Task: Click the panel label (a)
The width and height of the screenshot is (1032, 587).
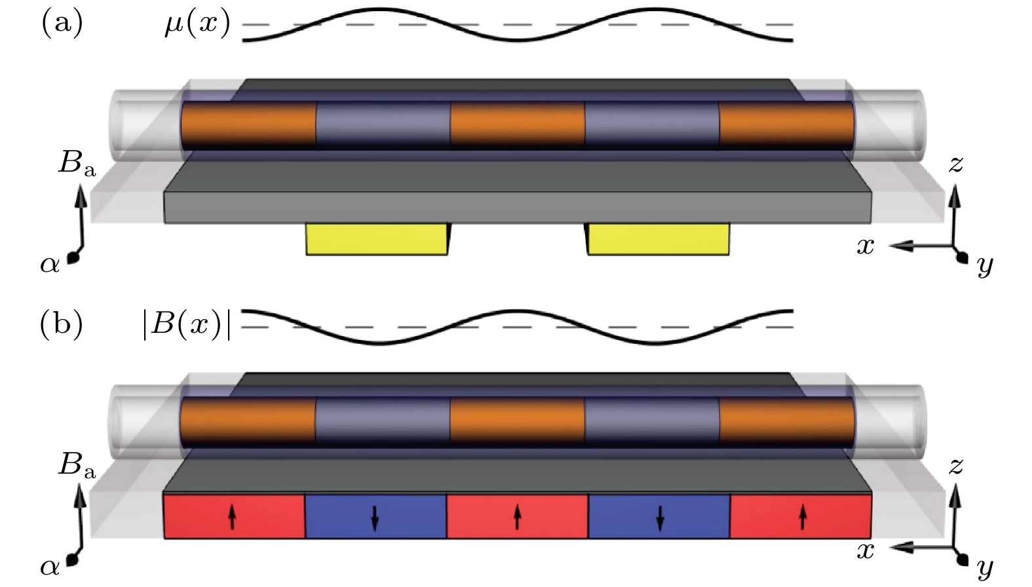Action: [62, 23]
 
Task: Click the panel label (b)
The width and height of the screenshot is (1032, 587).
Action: [62, 324]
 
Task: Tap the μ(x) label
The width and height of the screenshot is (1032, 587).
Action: [197, 24]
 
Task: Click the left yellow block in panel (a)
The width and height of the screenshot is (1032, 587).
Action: [377, 239]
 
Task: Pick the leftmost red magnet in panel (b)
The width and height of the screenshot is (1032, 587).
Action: [235, 516]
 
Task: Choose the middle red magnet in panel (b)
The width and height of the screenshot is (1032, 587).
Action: [518, 516]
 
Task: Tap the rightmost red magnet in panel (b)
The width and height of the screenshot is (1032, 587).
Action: [801, 516]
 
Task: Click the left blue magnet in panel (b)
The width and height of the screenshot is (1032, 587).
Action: [376, 516]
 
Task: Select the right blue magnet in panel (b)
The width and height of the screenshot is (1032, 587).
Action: [659, 516]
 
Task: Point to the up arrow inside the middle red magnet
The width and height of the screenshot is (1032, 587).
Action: [518, 516]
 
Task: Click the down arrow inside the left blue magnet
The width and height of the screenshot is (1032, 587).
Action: [375, 518]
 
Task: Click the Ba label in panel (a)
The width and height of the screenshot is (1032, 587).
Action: [77, 164]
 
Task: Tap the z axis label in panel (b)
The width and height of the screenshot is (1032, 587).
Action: [955, 466]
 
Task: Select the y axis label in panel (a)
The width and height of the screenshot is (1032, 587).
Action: [985, 265]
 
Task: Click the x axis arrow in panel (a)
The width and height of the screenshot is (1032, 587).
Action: [921, 246]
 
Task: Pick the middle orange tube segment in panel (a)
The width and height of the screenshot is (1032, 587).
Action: [518, 125]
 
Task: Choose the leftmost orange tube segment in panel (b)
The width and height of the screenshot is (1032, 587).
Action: [248, 420]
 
